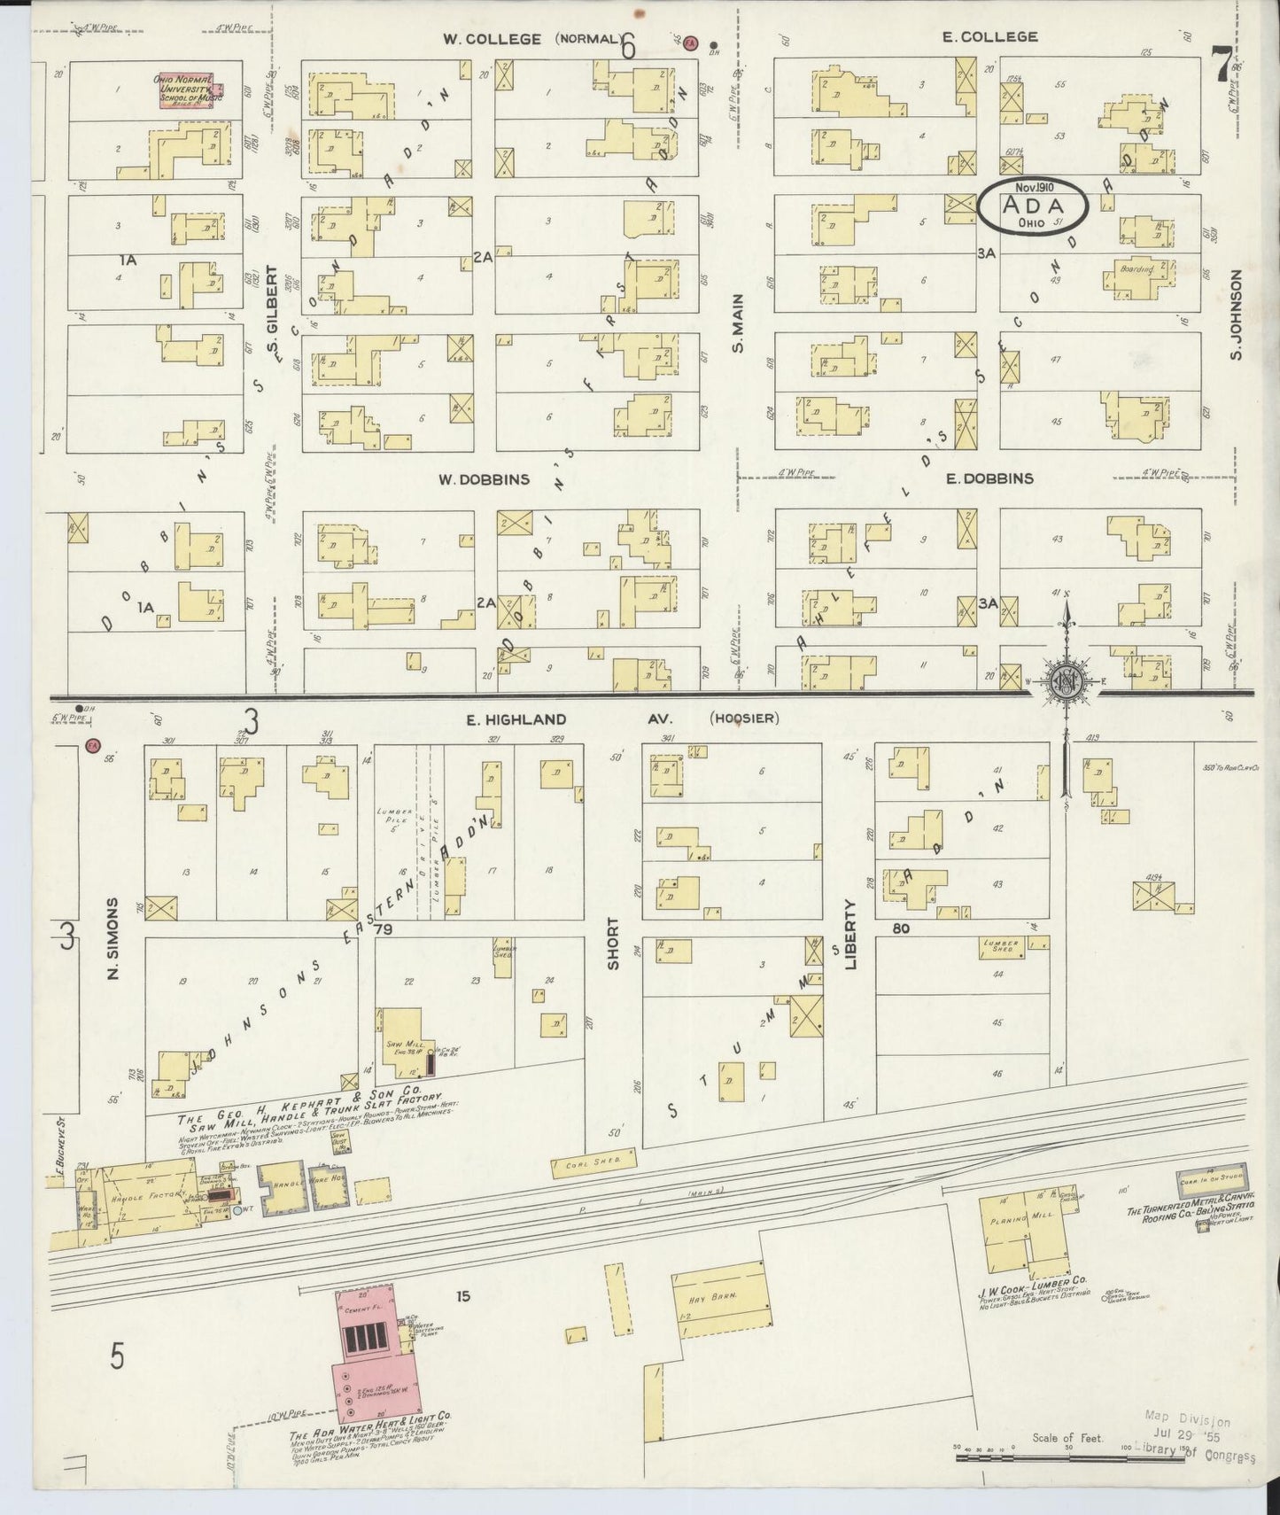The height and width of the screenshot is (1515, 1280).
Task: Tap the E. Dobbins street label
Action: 989,478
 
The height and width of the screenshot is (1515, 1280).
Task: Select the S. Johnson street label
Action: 1237,316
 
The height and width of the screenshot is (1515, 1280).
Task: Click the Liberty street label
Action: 850,935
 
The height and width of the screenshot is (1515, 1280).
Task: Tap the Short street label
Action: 612,944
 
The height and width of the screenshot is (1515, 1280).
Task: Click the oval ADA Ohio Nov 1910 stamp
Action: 1033,206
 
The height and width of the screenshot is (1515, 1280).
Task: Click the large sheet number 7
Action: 1223,65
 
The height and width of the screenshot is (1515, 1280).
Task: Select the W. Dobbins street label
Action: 484,479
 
